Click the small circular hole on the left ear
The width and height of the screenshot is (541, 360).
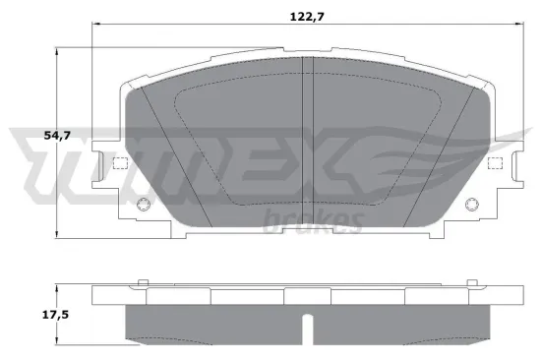(142, 205)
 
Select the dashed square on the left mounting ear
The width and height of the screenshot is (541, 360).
(122, 163)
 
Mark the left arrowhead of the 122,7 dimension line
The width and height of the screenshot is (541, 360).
(94, 21)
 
